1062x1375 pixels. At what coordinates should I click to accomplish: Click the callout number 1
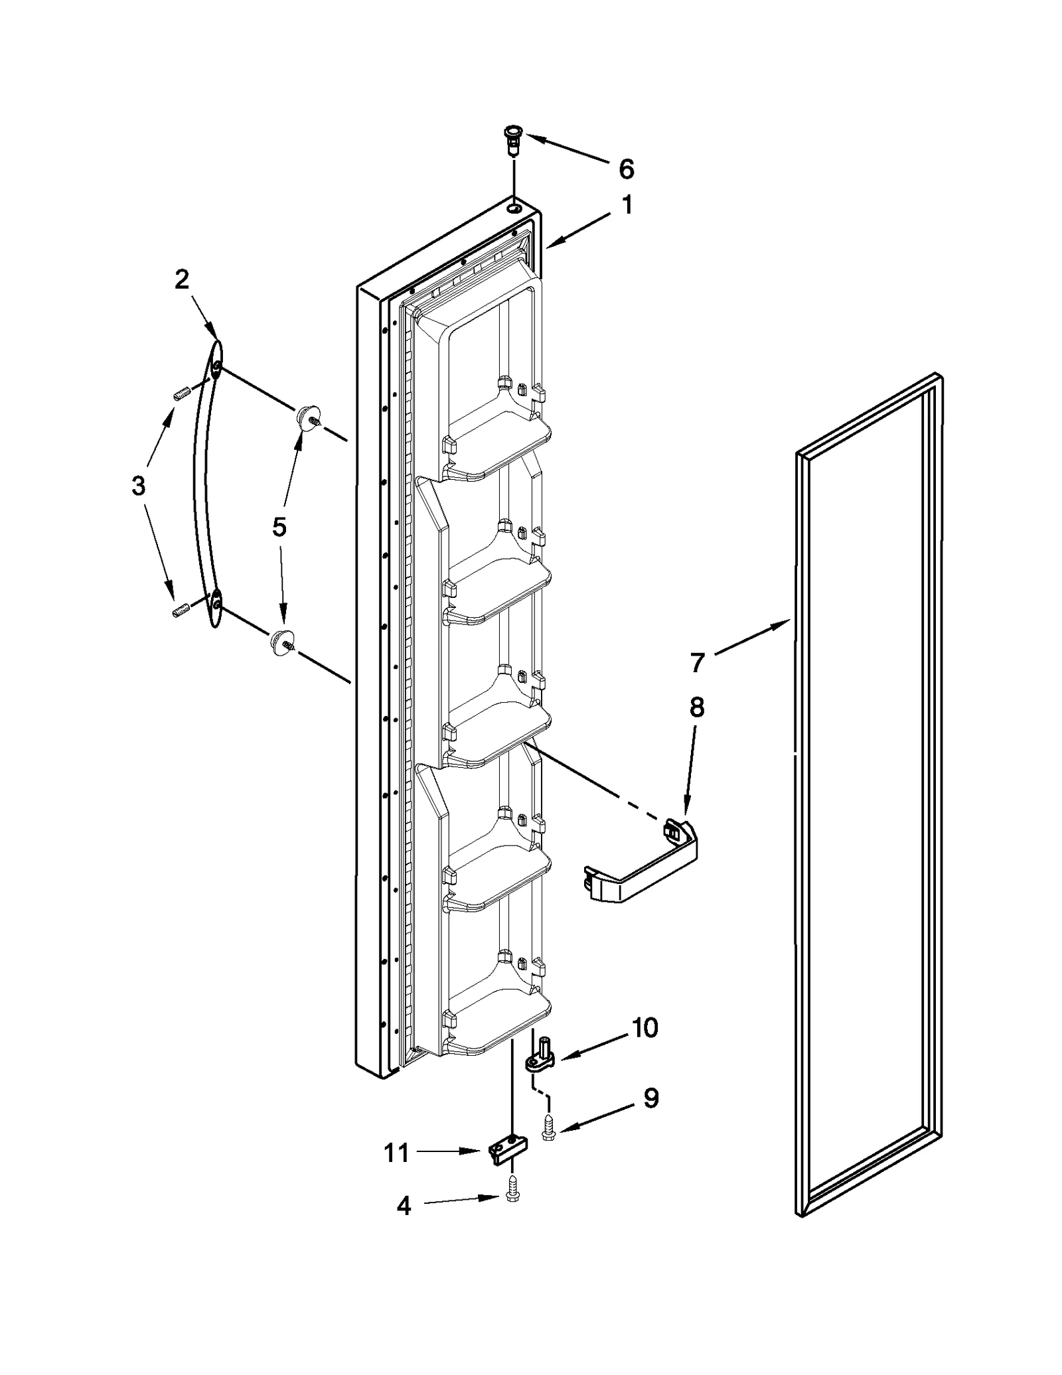(x=627, y=205)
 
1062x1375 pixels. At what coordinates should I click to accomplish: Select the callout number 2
(x=182, y=279)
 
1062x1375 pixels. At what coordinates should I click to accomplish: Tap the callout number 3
(x=138, y=486)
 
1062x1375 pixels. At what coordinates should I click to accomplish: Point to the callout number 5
(x=279, y=527)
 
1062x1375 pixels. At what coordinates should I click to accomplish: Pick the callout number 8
(x=696, y=707)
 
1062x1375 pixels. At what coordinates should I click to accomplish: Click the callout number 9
(x=651, y=1099)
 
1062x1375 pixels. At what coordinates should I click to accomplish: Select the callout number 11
(x=397, y=1153)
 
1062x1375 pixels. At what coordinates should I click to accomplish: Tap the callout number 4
(x=404, y=1206)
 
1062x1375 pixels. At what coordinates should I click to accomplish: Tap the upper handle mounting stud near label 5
(x=307, y=418)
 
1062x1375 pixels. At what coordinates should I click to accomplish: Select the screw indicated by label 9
(x=548, y=1127)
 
